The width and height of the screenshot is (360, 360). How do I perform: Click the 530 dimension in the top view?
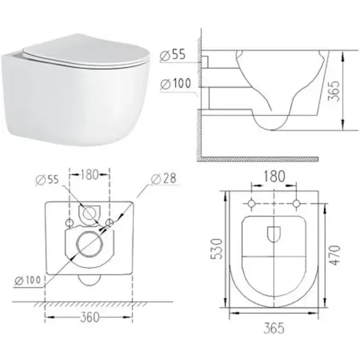pyautogui.click(x=216, y=249)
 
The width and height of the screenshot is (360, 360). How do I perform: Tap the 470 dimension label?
pyautogui.click(x=335, y=255)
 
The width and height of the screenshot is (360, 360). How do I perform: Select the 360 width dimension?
pyautogui.click(x=90, y=317)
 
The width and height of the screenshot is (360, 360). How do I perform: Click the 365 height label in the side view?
pyautogui.click(x=334, y=91)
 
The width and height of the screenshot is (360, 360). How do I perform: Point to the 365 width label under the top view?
pyautogui.click(x=274, y=328)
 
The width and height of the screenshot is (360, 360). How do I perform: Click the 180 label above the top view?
pyautogui.click(x=274, y=176)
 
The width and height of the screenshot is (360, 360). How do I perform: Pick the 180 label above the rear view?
pyautogui.click(x=89, y=175)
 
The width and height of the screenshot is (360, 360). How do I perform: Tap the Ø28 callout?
pyautogui.click(x=164, y=179)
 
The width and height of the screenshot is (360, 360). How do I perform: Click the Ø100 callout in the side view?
pyautogui.click(x=176, y=83)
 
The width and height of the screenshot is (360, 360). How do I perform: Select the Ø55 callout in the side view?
pyautogui.click(x=173, y=55)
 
